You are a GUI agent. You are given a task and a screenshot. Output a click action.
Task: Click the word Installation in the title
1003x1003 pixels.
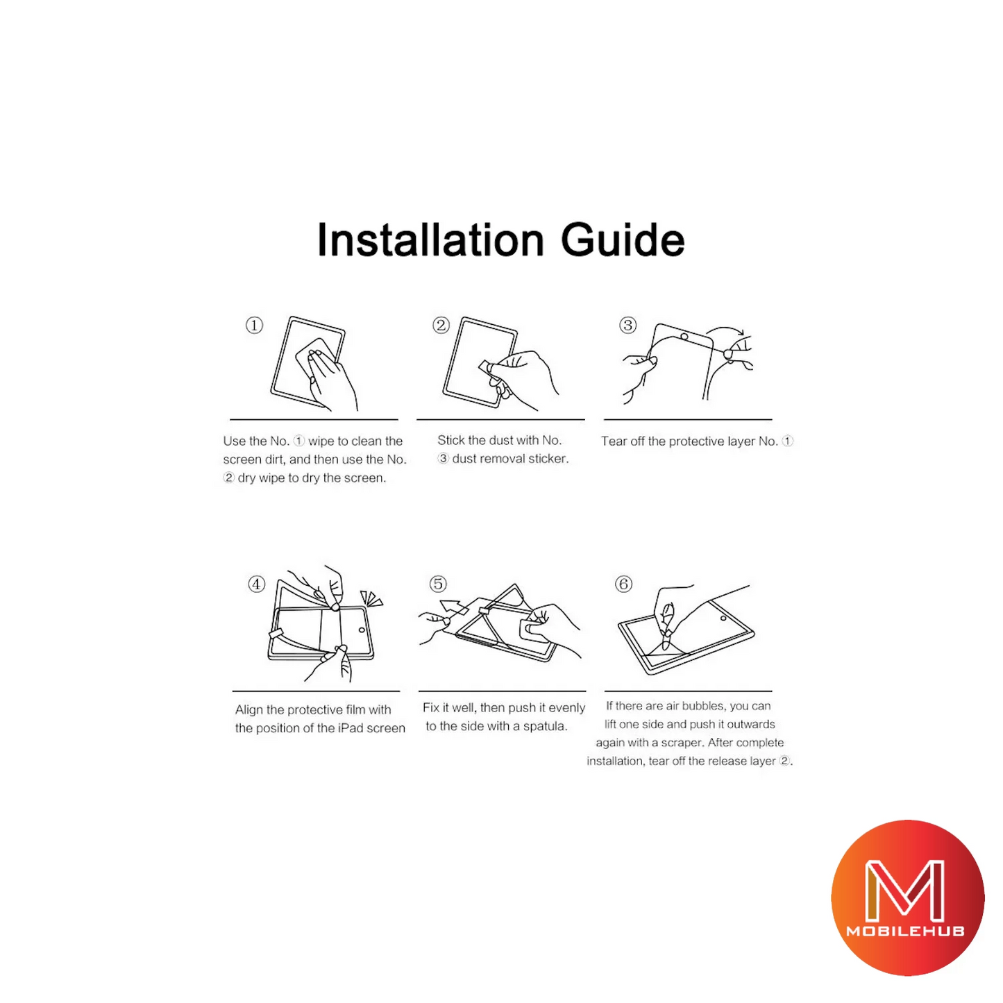tap(430, 240)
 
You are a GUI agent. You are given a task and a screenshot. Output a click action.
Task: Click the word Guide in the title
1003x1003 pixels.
tap(623, 240)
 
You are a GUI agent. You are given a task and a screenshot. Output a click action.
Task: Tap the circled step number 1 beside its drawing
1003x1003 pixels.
tap(254, 326)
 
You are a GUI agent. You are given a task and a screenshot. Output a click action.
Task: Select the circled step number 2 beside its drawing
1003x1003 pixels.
tap(441, 326)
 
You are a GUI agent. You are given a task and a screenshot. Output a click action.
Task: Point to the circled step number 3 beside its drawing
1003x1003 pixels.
tap(627, 326)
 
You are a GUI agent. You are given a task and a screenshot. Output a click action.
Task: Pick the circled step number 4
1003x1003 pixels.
tap(256, 584)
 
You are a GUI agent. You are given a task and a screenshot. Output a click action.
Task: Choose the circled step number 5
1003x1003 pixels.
tap(438, 584)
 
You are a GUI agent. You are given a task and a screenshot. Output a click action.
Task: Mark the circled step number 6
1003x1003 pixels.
tap(624, 584)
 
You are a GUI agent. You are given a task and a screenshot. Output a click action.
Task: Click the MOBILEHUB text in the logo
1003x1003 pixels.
tap(906, 931)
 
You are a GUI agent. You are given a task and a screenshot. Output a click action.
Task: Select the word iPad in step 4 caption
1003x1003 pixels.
tap(351, 728)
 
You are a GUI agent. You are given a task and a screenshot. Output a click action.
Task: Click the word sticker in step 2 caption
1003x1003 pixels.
tap(550, 459)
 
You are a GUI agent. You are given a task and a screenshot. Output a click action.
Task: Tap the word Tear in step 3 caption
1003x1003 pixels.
tap(614, 441)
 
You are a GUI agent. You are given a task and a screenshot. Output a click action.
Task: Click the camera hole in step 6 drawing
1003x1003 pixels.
tap(723, 618)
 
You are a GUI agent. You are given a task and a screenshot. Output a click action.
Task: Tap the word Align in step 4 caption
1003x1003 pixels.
tap(248, 710)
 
